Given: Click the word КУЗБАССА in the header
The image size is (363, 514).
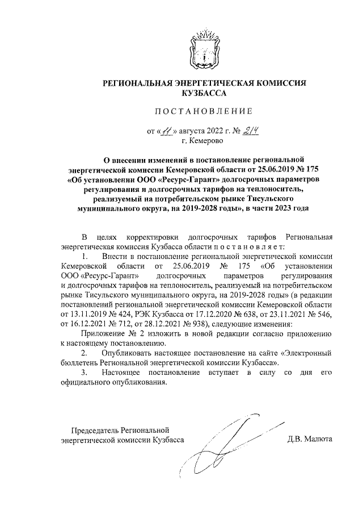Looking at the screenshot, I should (203, 93).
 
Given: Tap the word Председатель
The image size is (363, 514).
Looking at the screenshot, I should (94, 430).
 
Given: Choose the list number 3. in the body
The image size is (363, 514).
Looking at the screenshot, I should (85, 372).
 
